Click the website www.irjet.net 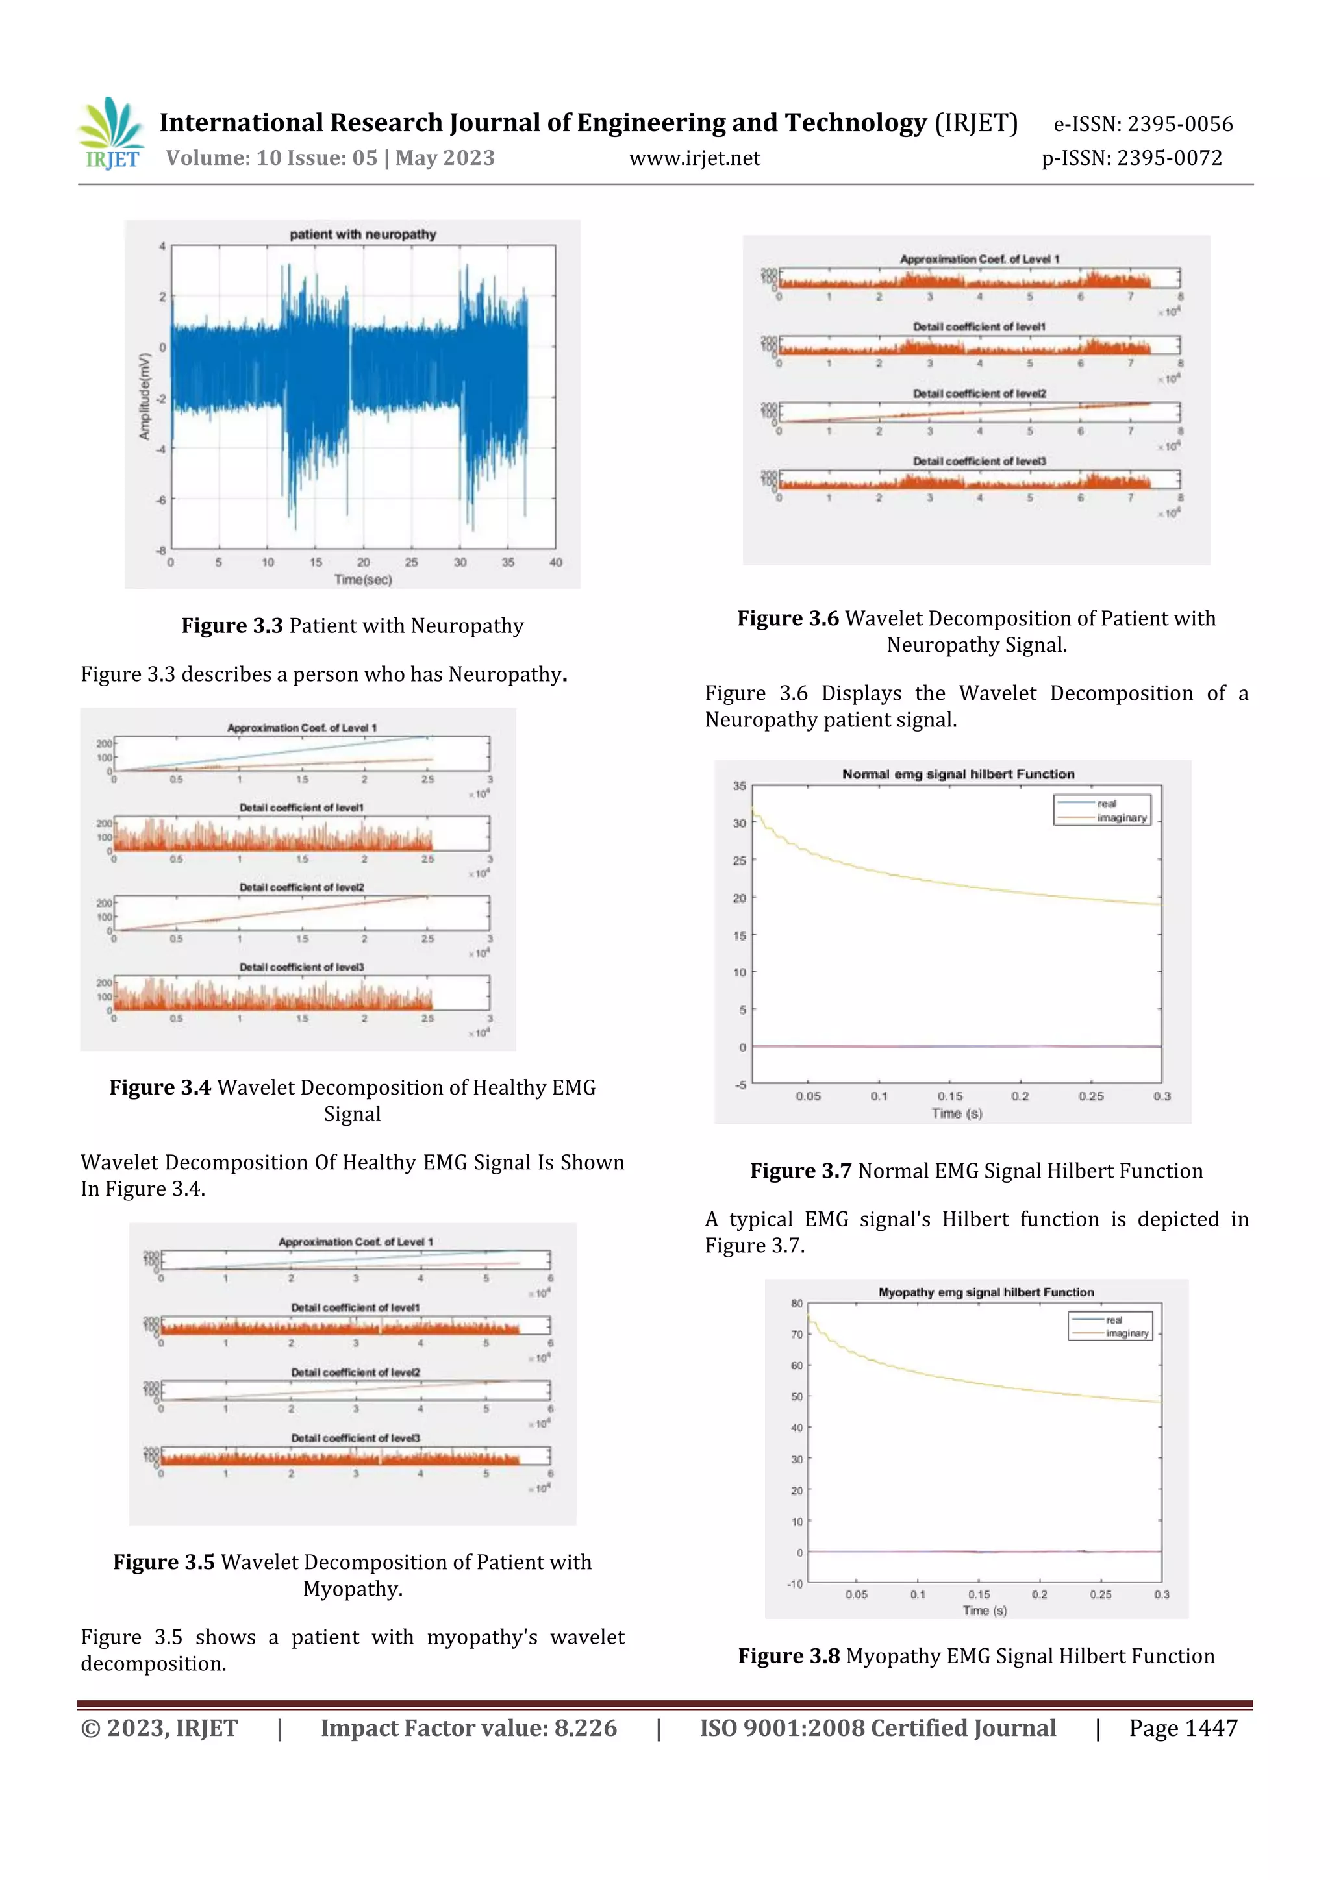coord(694,158)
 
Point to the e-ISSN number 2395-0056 coord(1179,125)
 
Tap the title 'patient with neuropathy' coord(363,234)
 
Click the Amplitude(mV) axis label coord(145,396)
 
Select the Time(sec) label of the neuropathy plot coord(363,580)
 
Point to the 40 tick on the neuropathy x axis coord(555,563)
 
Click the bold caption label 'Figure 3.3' coord(232,626)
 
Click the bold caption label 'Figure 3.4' coord(160,1087)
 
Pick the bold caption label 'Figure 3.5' coord(164,1563)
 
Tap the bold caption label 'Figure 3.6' coord(788,618)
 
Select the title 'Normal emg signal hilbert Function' coord(958,774)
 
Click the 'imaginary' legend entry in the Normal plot coord(1121,818)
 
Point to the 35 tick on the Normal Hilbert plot coord(740,786)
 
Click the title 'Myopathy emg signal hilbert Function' coord(986,1292)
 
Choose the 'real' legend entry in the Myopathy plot coord(1114,1320)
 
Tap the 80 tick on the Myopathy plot coord(797,1304)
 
